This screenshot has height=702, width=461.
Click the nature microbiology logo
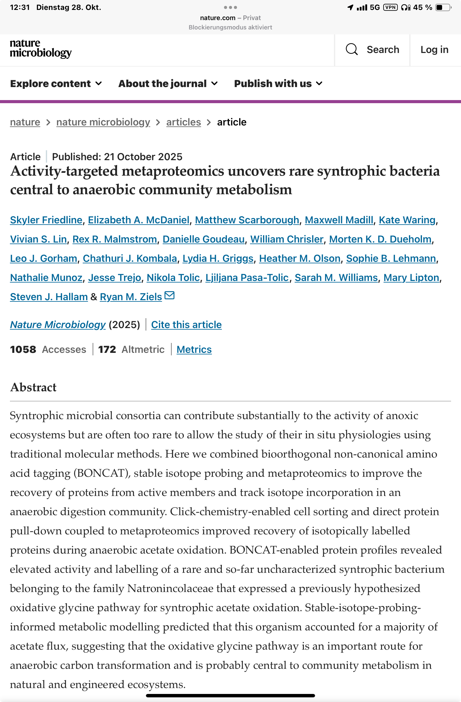coord(41,49)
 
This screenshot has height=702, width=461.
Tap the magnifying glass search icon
coord(352,49)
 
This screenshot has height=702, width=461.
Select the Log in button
coord(434,50)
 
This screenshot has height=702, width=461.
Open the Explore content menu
coord(56,84)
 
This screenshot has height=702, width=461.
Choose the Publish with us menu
coord(278,84)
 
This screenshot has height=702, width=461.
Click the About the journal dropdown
coord(168,84)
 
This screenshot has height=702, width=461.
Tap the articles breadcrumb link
coord(183,122)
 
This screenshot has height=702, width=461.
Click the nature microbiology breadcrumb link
coord(103,122)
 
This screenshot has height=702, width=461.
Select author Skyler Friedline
coord(46,220)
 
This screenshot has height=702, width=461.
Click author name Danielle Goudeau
coord(204,239)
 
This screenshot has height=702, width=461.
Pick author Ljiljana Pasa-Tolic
coord(247,278)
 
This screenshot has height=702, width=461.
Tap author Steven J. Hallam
coord(49,297)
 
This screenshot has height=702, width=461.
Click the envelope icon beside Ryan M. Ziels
coord(169,296)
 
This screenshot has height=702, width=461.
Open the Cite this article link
coord(186,325)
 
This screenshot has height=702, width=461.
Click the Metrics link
coord(194,349)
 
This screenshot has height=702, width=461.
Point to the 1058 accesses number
coord(23,349)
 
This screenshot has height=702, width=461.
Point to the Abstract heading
coord(33,387)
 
